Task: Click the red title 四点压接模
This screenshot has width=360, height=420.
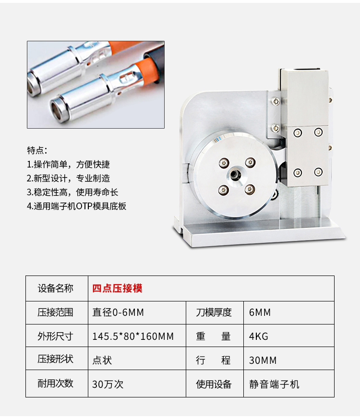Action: (x=117, y=288)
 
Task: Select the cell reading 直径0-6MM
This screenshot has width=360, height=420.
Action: (x=118, y=312)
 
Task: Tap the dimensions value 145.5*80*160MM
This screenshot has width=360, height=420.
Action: (x=133, y=336)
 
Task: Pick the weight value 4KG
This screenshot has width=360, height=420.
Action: (x=259, y=336)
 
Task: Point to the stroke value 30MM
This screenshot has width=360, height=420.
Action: (x=263, y=360)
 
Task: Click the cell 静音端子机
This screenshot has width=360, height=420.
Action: (x=274, y=384)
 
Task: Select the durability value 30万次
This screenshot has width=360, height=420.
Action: (x=108, y=384)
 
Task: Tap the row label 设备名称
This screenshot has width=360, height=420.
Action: (x=56, y=288)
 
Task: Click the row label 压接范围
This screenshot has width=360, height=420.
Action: (x=56, y=312)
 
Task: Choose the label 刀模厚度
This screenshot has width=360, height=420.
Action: (x=214, y=312)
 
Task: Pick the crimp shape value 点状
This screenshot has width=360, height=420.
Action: (x=102, y=360)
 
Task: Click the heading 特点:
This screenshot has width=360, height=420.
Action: (x=37, y=150)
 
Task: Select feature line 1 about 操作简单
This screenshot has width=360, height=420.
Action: (x=68, y=164)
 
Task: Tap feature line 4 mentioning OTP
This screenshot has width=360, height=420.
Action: (x=77, y=206)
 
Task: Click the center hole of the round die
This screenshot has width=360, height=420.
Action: (x=236, y=175)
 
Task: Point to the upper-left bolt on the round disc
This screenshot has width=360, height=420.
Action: (x=224, y=163)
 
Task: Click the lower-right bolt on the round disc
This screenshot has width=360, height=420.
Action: (x=250, y=189)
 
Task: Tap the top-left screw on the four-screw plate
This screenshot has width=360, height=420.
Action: (x=298, y=132)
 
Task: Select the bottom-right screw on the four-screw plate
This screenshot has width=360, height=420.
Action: (x=318, y=172)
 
